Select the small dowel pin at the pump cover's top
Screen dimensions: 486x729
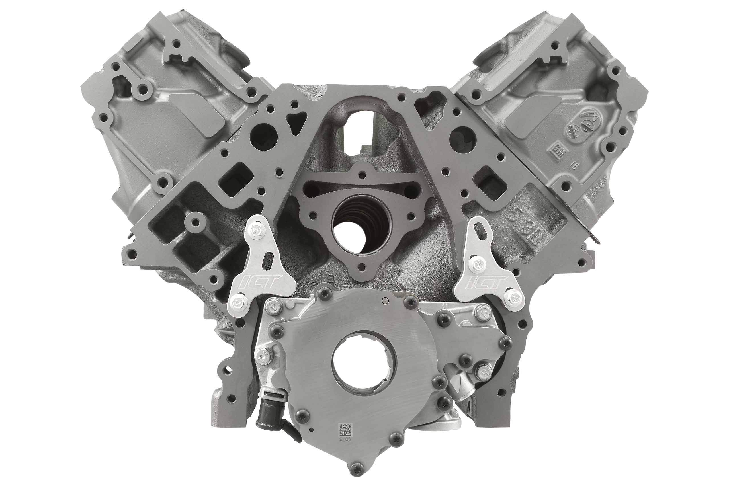tap(384, 300)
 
